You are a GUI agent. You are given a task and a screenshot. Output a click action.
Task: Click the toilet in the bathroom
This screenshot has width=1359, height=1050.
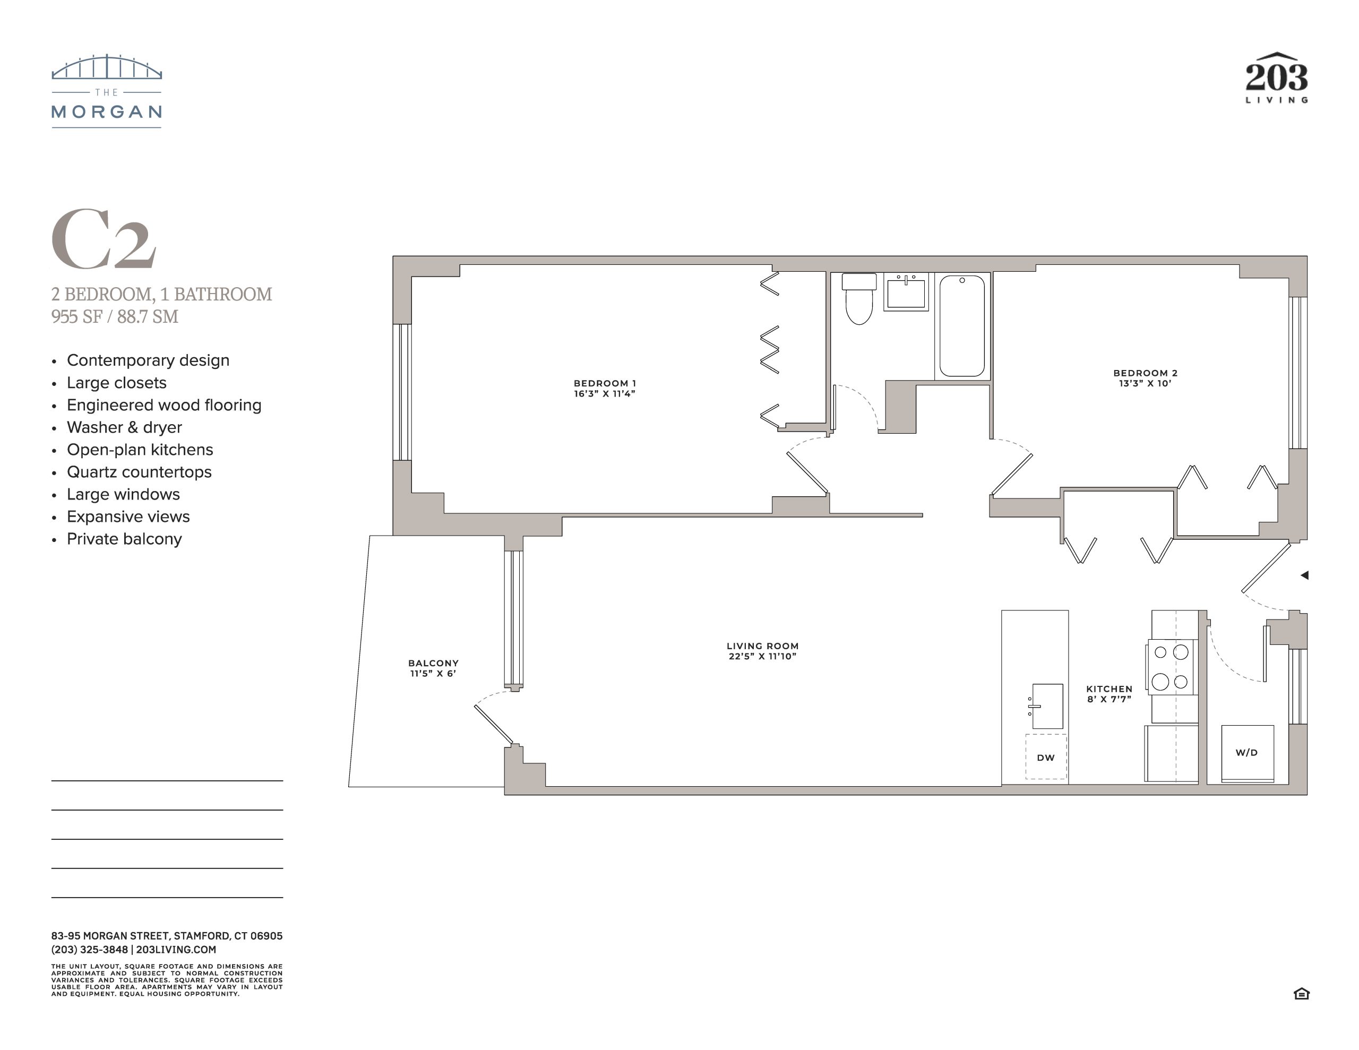coord(859,299)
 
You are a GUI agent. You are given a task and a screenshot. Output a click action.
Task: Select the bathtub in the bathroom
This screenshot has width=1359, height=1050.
coord(962,326)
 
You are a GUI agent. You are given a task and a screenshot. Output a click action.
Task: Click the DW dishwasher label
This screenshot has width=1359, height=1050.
coord(1045,758)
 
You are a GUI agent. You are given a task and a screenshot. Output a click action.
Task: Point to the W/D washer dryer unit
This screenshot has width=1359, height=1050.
coord(1247,753)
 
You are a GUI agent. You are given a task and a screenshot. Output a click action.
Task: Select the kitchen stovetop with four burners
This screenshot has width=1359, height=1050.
coord(1171,667)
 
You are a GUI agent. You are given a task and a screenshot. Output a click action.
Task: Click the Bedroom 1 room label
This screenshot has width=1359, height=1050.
coord(605,383)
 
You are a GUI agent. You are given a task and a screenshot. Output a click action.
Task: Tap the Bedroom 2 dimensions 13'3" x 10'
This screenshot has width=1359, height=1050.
coord(1145,383)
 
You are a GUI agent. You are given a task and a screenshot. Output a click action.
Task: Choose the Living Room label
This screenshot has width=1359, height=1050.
coord(762,646)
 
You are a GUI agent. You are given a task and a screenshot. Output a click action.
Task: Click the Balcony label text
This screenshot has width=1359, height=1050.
coord(433,663)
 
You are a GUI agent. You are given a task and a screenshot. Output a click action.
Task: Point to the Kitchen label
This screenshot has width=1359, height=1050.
coord(1109,689)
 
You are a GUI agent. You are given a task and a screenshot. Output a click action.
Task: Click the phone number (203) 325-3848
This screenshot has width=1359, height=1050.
coord(90,950)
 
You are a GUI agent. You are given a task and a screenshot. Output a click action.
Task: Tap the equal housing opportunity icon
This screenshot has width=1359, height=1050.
coord(1302,993)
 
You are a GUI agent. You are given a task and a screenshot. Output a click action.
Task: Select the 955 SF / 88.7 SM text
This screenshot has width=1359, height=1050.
coord(115,316)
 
